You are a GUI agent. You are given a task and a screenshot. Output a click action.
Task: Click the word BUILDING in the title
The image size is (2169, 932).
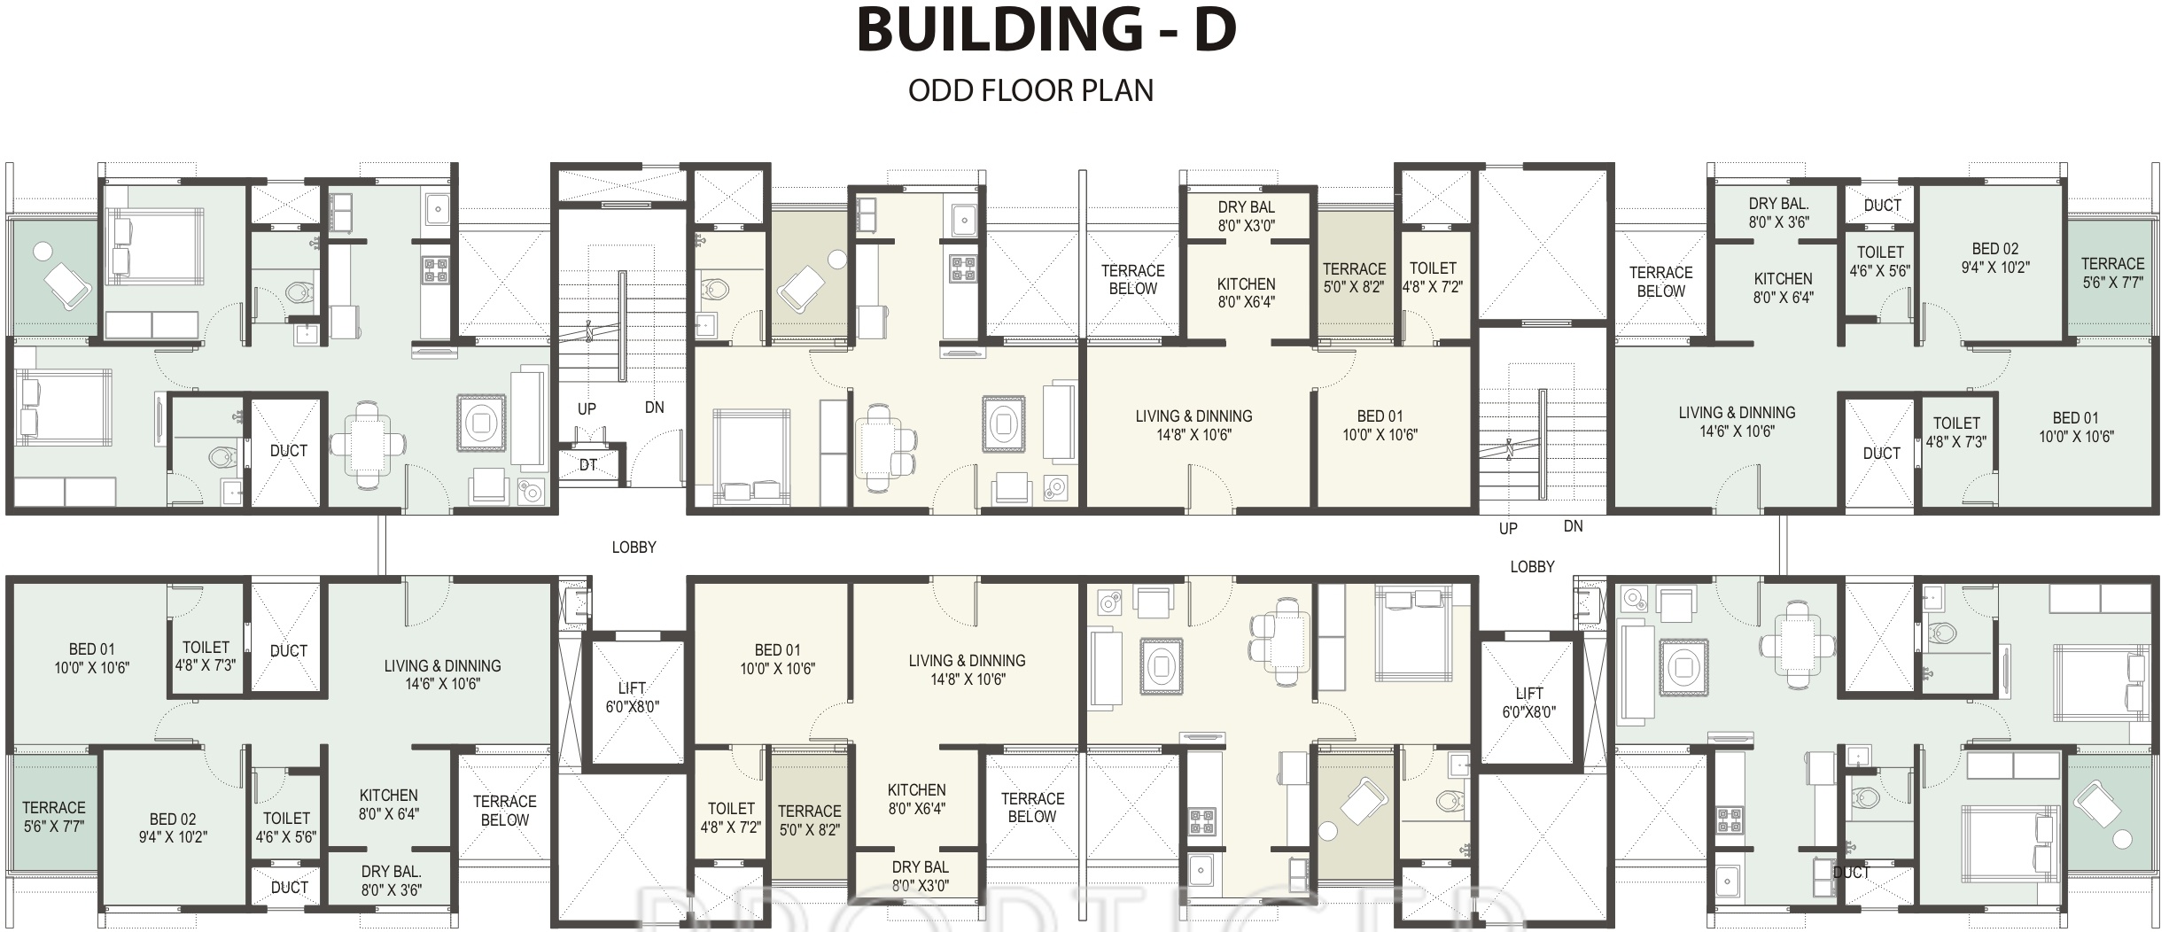tap(999, 29)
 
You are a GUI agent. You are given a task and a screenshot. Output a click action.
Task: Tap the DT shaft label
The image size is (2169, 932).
tap(588, 465)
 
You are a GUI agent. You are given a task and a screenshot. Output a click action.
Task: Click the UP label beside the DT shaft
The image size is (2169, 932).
tap(587, 409)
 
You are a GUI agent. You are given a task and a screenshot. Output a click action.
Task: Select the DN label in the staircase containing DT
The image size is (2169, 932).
tap(655, 408)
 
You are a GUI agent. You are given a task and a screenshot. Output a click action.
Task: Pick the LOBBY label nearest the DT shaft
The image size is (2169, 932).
tap(634, 548)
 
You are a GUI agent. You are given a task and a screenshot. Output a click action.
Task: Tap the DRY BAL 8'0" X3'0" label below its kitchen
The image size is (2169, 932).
tap(921, 876)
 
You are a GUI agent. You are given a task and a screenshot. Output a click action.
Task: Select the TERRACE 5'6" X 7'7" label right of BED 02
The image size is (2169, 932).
tap(2113, 273)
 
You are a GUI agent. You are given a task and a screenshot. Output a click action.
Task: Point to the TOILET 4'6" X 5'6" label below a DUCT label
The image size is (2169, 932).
tap(1880, 261)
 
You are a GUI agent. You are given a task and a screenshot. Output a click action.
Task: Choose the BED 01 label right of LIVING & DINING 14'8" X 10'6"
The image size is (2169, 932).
tap(1380, 425)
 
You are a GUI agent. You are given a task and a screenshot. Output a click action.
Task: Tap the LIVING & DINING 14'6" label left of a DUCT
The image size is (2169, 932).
tap(1737, 422)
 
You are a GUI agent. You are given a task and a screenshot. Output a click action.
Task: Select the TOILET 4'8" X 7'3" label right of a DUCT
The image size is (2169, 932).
tap(1956, 432)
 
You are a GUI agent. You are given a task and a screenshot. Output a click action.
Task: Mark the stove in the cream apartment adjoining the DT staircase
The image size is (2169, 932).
tap(963, 268)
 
